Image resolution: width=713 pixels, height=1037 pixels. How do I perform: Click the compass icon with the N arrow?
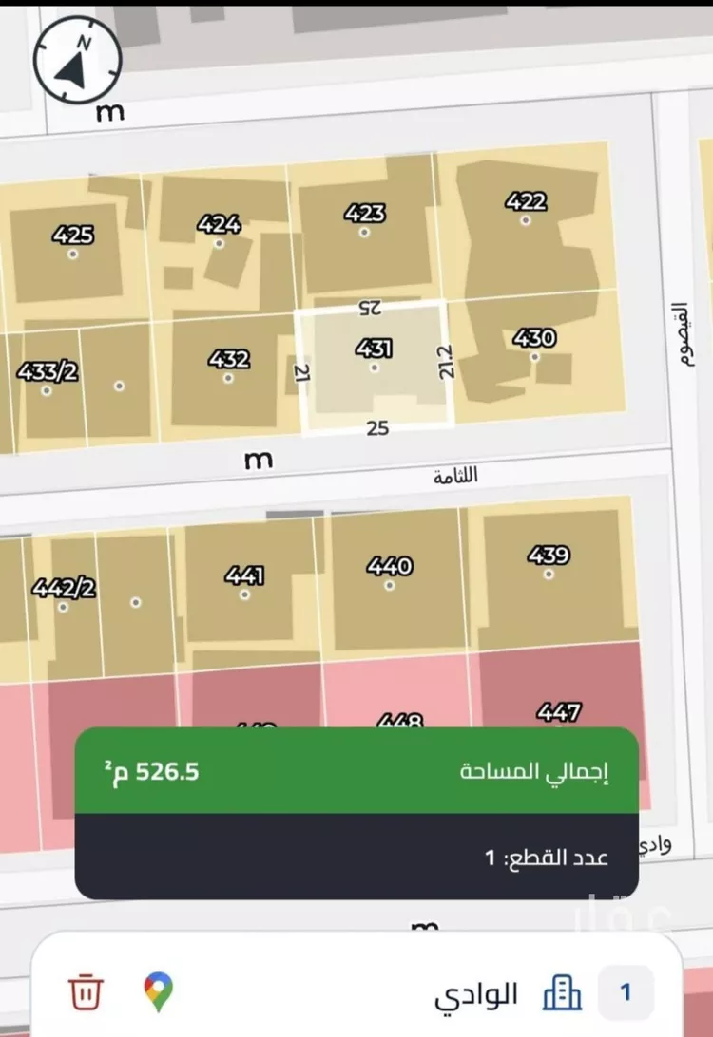(78, 59)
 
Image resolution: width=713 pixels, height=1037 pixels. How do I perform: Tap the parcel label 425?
(73, 235)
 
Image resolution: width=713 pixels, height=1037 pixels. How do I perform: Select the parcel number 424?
(219, 225)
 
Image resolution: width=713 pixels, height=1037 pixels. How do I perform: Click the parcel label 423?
(365, 213)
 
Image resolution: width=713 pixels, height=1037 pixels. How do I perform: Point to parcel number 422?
(526, 201)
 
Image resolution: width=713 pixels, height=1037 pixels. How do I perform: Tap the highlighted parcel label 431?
(375, 349)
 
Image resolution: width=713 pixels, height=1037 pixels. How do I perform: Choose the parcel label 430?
(534, 338)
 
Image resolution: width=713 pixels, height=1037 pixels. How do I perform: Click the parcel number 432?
(229, 359)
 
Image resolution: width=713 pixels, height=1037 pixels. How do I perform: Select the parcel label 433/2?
(47, 370)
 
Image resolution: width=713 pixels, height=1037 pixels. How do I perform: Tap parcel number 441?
(244, 575)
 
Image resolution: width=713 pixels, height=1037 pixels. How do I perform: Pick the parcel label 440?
(390, 566)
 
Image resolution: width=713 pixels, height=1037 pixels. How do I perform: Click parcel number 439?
(549, 556)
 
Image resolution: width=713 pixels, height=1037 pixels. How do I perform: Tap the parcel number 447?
(559, 711)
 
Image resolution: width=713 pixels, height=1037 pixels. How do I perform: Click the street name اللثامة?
(455, 477)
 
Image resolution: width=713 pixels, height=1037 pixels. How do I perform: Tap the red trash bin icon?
(86, 992)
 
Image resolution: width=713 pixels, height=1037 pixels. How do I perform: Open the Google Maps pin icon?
(159, 992)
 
